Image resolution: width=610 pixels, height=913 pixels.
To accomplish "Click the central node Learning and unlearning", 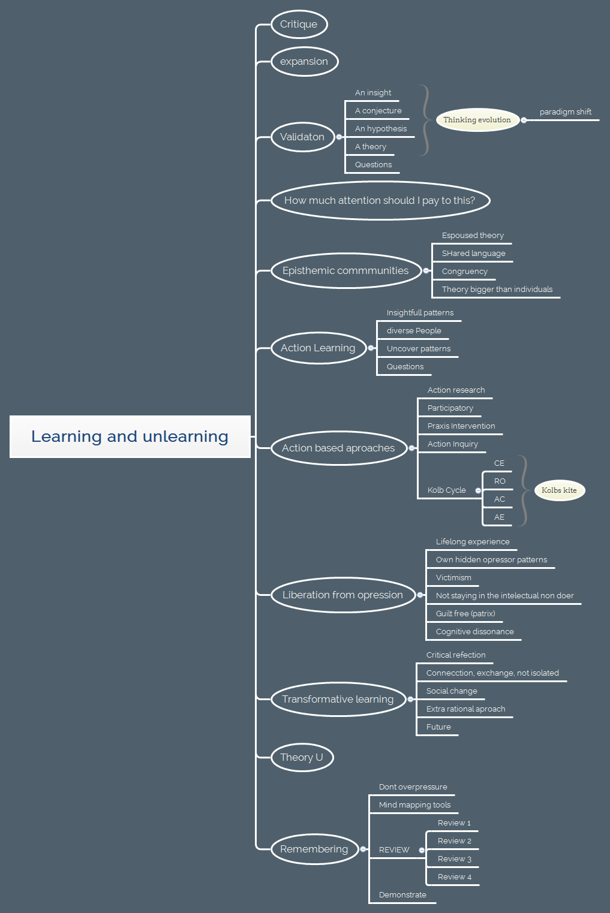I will pos(130,436).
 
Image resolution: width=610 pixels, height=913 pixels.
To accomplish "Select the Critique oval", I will pos(299,25).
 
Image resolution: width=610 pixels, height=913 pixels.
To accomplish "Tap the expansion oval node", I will pos(304,62).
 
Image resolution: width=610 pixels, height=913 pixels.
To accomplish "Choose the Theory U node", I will pos(302,757).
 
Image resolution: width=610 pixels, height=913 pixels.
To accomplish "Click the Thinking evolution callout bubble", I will pos(477,120).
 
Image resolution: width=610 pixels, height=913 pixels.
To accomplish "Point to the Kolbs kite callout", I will pos(559,490).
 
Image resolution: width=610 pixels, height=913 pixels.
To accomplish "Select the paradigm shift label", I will pos(565,112).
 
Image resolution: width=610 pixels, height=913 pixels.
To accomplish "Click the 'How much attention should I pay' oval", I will pos(380,201).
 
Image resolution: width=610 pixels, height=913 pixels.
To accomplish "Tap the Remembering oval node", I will pos(314,849).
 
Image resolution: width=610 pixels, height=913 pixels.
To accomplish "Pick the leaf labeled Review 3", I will pos(454,859).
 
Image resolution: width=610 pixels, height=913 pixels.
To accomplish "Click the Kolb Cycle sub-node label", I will pos(446,490).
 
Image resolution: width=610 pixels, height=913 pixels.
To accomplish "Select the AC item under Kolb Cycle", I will pos(499,499).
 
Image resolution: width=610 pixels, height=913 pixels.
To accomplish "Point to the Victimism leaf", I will pos(453,578).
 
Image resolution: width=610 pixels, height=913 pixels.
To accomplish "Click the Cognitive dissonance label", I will pos(474,632).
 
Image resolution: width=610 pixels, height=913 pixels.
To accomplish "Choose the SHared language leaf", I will pos(473,254).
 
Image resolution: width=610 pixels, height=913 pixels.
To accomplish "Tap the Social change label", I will pos(452,691).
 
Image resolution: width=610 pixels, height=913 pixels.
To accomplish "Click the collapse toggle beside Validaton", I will pos(339,137).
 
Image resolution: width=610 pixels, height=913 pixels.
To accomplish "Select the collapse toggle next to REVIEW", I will pos(422,850).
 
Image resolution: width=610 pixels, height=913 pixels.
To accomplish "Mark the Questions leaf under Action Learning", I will pos(405,367).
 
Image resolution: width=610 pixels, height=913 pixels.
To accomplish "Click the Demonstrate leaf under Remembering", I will pos(402,895).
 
